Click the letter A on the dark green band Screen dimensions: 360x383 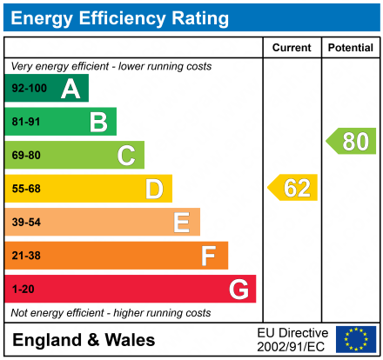(x=71, y=89)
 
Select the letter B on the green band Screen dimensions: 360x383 (x=98, y=122)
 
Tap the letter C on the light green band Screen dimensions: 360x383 (x=126, y=156)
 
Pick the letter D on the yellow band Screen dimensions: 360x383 (x=154, y=189)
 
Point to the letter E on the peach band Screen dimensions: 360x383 (x=181, y=223)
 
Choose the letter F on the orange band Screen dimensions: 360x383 (x=209, y=256)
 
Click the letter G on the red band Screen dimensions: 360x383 (x=238, y=289)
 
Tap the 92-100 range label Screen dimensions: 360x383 (x=28, y=89)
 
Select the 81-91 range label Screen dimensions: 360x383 (x=25, y=122)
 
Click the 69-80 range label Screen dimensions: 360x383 (x=25, y=156)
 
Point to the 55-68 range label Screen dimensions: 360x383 (x=25, y=189)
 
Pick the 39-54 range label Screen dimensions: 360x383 (x=25, y=223)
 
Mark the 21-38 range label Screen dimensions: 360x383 (x=25, y=256)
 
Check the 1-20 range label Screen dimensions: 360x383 (x=22, y=289)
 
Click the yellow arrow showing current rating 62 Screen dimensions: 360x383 (x=293, y=188)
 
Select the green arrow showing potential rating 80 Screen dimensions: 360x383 (x=352, y=141)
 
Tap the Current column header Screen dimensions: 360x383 (x=292, y=48)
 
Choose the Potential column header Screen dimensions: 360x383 (x=350, y=48)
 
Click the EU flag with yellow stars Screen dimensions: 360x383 (x=356, y=339)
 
